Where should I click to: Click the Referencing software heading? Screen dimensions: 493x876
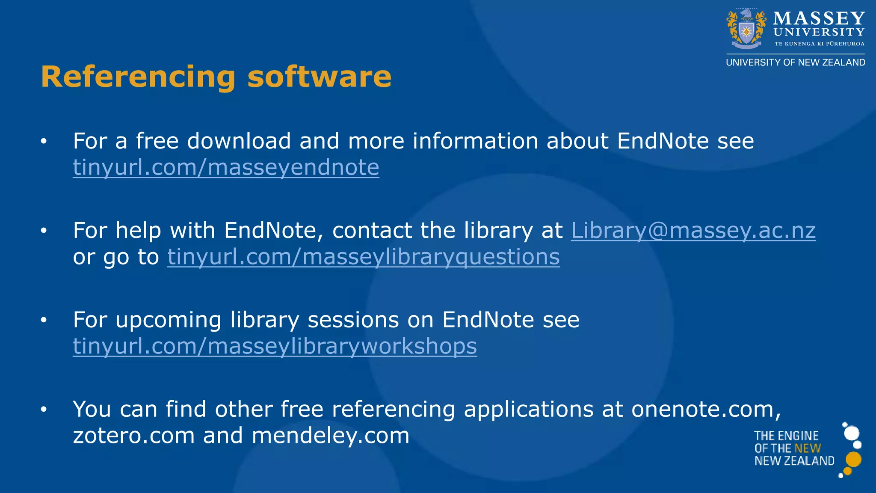216,77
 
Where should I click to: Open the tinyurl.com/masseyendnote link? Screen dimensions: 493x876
226,167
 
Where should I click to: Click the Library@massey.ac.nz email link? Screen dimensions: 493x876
693,230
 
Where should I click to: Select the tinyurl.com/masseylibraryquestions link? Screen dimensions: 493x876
363,257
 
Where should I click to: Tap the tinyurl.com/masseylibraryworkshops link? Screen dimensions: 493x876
275,346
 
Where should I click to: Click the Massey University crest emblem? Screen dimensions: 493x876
746,29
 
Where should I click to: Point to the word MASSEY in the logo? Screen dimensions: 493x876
819,18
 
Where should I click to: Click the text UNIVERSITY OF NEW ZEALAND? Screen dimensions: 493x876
795,62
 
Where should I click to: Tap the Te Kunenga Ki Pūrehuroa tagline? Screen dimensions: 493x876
819,44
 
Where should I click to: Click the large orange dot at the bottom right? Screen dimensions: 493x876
853,460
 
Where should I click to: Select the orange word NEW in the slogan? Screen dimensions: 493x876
808,448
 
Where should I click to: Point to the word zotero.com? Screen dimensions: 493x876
133,436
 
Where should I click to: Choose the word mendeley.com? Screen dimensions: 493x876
330,436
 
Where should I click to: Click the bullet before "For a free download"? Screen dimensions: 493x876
43,141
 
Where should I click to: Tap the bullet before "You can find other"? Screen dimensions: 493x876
43,410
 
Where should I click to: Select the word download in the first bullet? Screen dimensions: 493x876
239,141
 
